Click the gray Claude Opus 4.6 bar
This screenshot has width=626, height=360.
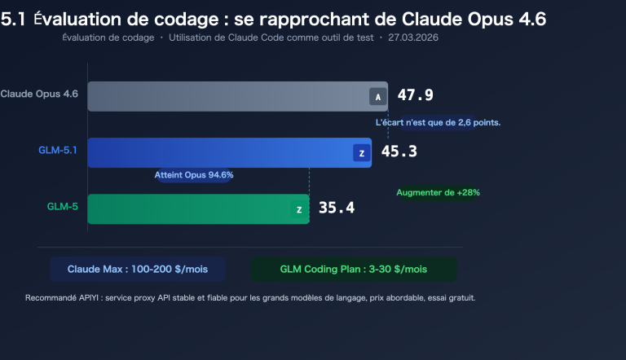228,96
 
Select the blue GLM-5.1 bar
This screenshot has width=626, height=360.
220,152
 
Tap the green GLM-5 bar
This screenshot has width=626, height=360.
187,209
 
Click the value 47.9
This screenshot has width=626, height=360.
415,95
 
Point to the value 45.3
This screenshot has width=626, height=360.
399,151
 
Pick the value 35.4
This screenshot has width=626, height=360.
336,208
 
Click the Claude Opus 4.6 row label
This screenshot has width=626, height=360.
39,94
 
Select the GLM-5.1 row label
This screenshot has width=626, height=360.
57,151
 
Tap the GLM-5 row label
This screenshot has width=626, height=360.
62,207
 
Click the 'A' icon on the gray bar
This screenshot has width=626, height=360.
377,97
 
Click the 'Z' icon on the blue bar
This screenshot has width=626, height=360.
360,152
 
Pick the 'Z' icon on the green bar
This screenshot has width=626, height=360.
299,209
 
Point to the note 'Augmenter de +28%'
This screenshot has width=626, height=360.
438,193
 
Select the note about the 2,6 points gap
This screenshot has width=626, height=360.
438,122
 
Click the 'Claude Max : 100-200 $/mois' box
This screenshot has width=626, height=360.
138,269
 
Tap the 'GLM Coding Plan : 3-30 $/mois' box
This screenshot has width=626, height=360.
354,269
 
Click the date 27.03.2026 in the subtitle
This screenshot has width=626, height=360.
417,38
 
